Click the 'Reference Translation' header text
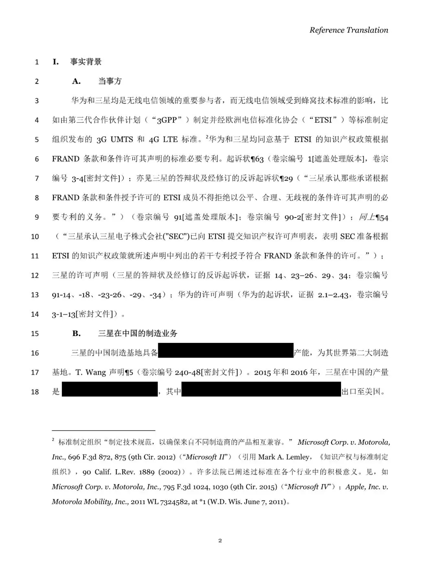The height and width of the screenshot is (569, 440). (x=348, y=30)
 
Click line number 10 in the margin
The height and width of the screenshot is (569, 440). (x=35, y=237)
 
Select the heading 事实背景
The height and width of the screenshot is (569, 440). (x=86, y=62)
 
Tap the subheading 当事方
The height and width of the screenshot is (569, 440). (x=110, y=81)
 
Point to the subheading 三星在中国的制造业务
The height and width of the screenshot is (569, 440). (x=138, y=333)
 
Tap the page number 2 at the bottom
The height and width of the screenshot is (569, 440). (x=220, y=540)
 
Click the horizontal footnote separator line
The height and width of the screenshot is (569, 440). (x=103, y=430)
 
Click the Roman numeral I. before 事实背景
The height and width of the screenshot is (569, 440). (x=56, y=62)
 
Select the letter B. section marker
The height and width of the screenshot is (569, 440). (x=77, y=333)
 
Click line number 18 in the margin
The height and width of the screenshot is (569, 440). (x=35, y=392)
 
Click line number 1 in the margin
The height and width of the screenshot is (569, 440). (x=37, y=62)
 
